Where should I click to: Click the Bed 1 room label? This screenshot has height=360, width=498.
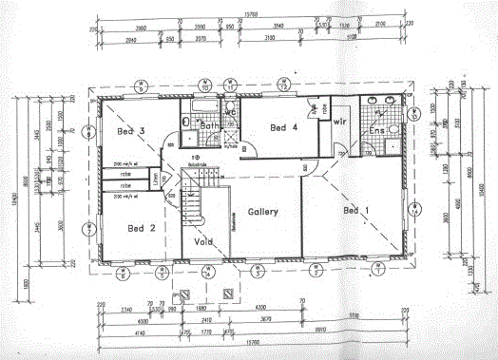[x=355, y=209]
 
